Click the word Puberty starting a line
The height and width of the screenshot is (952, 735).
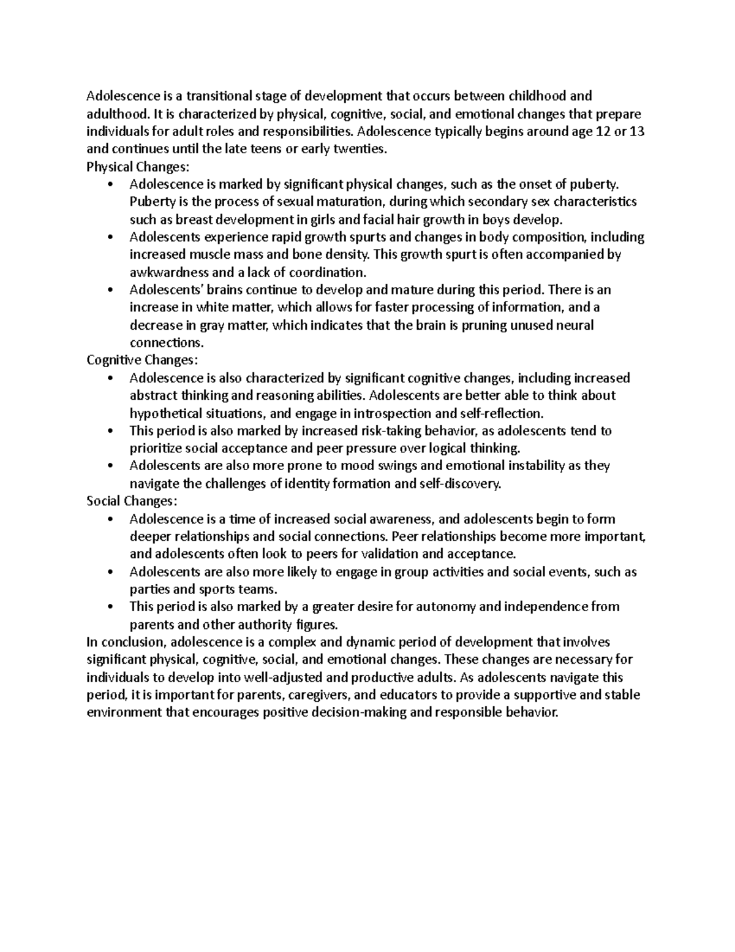(x=150, y=202)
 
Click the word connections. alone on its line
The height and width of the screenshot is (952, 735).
(x=166, y=343)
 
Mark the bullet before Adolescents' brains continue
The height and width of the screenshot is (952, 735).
(x=110, y=290)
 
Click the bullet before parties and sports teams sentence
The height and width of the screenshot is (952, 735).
(x=110, y=572)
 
